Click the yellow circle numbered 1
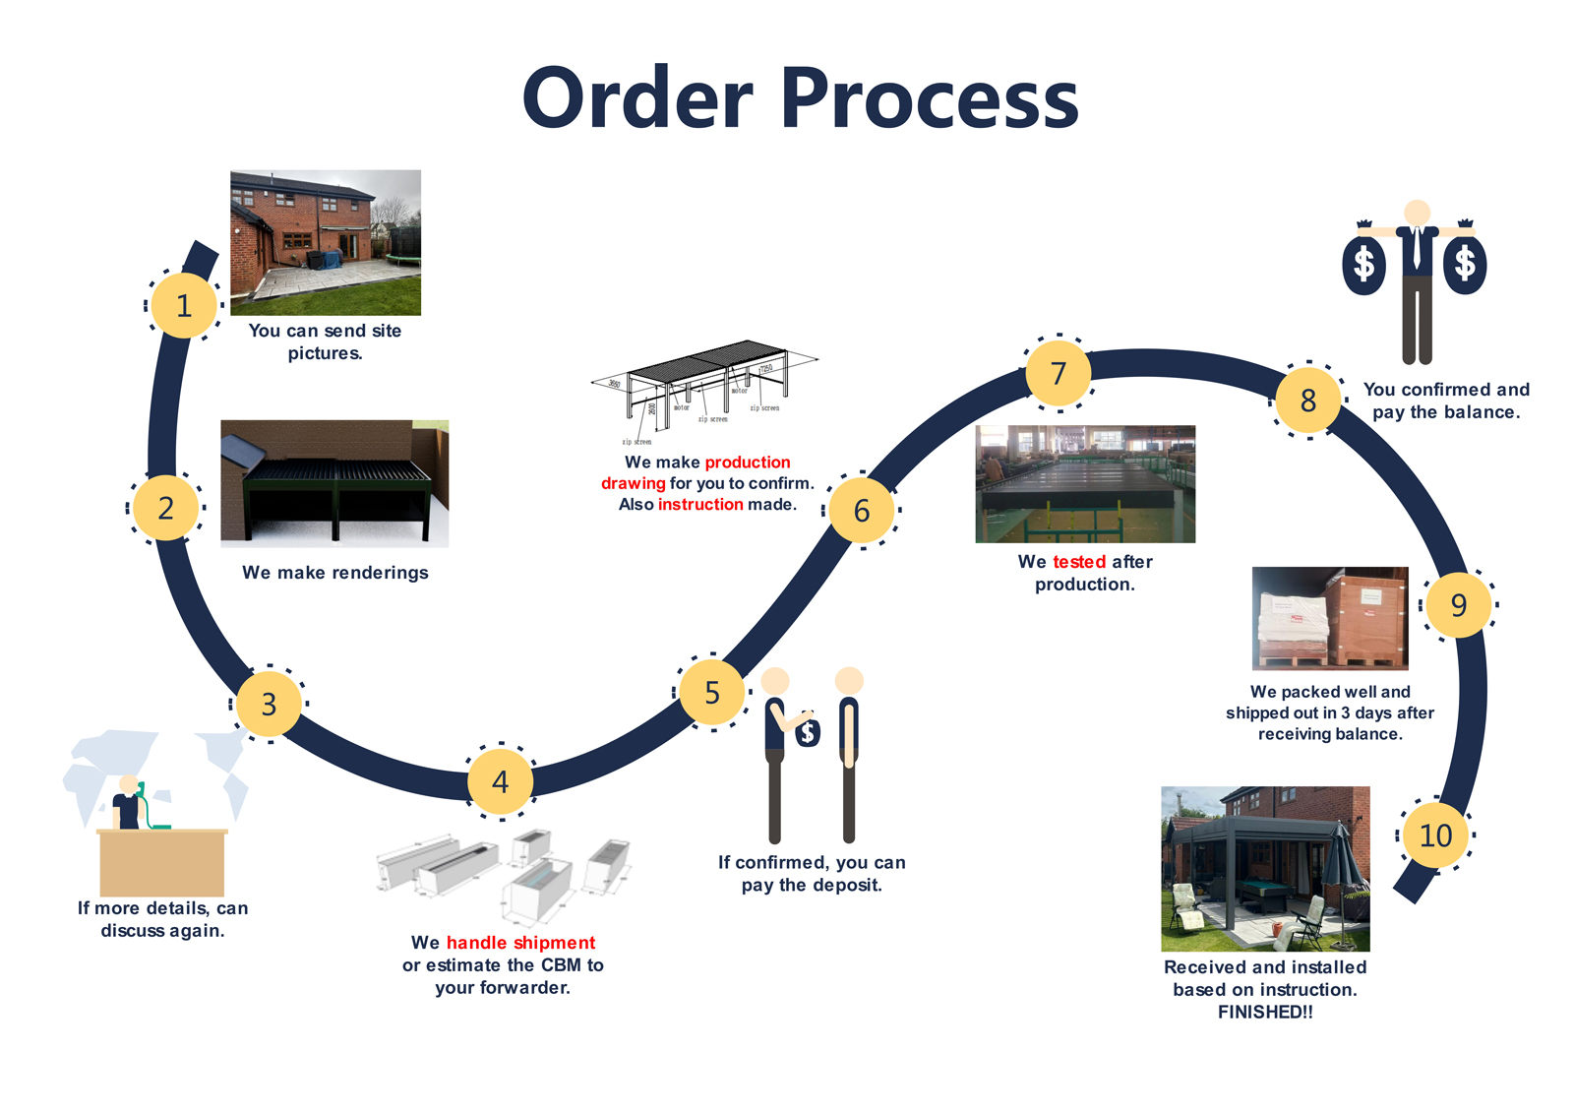pyautogui.click(x=184, y=305)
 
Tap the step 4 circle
pyautogui.click(x=501, y=781)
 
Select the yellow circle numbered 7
pyautogui.click(x=1059, y=373)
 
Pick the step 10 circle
pyautogui.click(x=1435, y=835)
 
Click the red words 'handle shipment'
pyautogui.click(x=520, y=943)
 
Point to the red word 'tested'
pyautogui.click(x=1079, y=562)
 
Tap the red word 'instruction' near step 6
pyautogui.click(x=700, y=505)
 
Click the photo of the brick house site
pyautogui.click(x=326, y=242)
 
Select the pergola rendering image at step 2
pyautogui.click(x=334, y=483)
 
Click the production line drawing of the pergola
pyautogui.click(x=704, y=389)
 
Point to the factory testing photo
pyautogui.click(x=1085, y=483)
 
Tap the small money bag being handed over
pyautogui.click(x=808, y=731)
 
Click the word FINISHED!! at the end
pyautogui.click(x=1265, y=1013)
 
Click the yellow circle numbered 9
pyautogui.click(x=1458, y=604)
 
